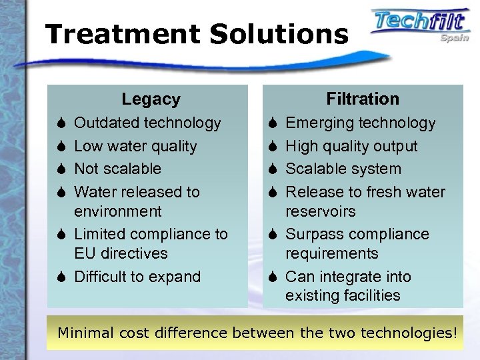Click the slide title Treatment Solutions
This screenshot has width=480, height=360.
(x=197, y=34)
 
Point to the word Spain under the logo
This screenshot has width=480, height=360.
(x=454, y=38)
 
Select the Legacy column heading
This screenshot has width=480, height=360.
(x=151, y=99)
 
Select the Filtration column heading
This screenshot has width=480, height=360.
(x=363, y=99)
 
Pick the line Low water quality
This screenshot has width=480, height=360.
(x=135, y=146)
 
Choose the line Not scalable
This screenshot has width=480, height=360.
(x=117, y=169)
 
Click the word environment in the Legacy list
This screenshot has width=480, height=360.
(x=117, y=211)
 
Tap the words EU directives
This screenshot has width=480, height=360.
(x=121, y=253)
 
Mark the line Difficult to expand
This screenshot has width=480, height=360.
(x=137, y=277)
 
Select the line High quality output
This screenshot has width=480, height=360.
(x=351, y=146)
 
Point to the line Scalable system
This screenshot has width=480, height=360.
(x=343, y=169)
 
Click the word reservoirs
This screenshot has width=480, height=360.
(x=321, y=211)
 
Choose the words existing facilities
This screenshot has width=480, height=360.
(x=343, y=295)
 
